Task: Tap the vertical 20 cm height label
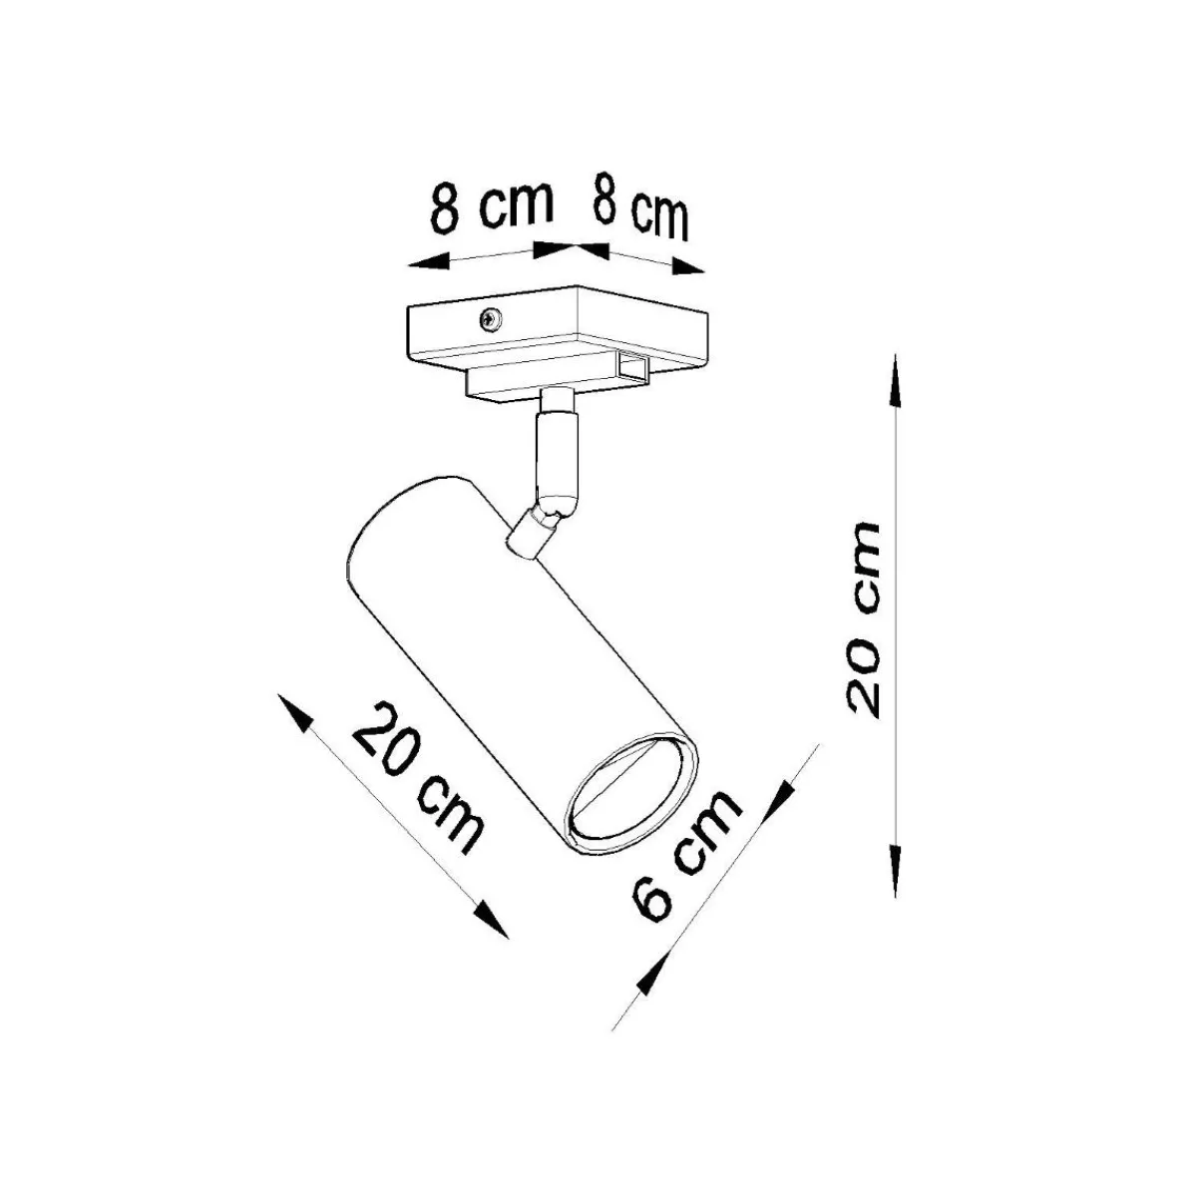(864, 621)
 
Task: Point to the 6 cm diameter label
(686, 865)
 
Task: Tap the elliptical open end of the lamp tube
(632, 797)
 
